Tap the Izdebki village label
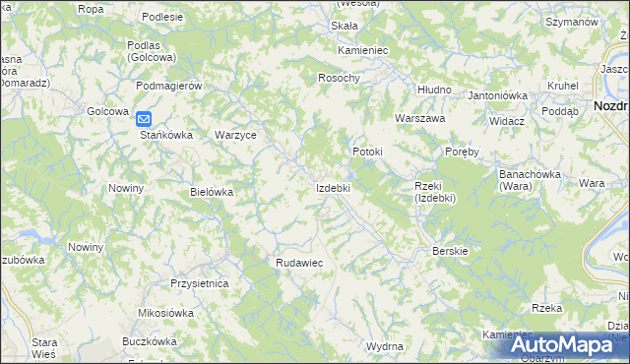click(333, 187)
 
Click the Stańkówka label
click(162, 135)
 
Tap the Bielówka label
click(212, 192)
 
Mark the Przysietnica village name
click(199, 283)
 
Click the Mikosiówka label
click(166, 313)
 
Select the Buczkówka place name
click(149, 341)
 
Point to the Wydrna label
click(384, 347)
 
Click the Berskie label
click(450, 251)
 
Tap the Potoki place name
click(367, 152)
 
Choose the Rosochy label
click(340, 78)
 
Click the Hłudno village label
click(434, 90)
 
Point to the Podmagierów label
click(169, 86)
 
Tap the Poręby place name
click(462, 152)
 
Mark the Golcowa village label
click(108, 111)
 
